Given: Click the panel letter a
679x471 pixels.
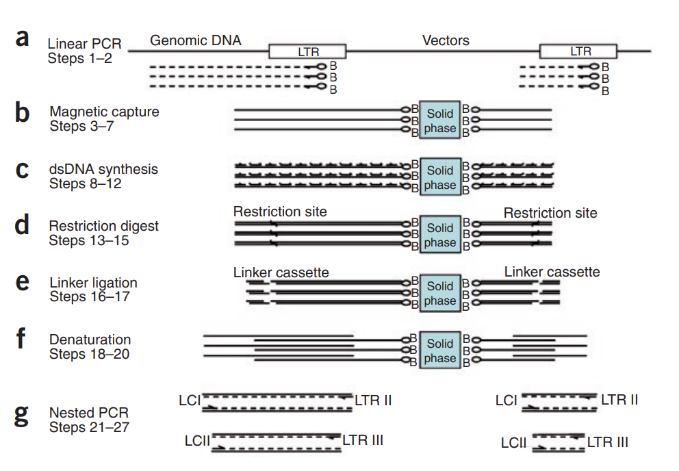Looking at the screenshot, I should [22, 38].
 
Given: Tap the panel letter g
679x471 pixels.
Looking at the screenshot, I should [22, 413].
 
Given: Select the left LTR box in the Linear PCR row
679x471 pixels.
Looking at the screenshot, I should [307, 51].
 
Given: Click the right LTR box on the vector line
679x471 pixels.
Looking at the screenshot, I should [578, 51].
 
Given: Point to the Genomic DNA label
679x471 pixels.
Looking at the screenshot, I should [196, 40].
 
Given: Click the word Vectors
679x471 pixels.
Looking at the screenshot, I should [446, 40].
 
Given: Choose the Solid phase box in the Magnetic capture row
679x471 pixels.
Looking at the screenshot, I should [439, 120].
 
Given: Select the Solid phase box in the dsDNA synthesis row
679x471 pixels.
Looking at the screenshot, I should [439, 177].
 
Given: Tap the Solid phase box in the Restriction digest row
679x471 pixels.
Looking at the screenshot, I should [439, 234].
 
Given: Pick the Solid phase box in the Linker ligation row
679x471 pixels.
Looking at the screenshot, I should [439, 292].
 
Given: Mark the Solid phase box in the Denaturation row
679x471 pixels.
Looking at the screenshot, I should [439, 350].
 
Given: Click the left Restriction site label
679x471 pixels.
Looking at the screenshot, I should [280, 212].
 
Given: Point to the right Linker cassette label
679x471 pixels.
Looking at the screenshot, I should [552, 272].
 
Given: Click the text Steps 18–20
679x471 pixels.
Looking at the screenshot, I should [89, 355].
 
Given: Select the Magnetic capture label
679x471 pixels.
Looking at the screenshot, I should [104, 112].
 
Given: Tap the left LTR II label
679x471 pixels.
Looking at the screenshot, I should [373, 400].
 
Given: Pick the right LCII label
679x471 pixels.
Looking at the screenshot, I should [513, 443].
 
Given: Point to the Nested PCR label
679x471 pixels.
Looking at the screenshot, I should [89, 413].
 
